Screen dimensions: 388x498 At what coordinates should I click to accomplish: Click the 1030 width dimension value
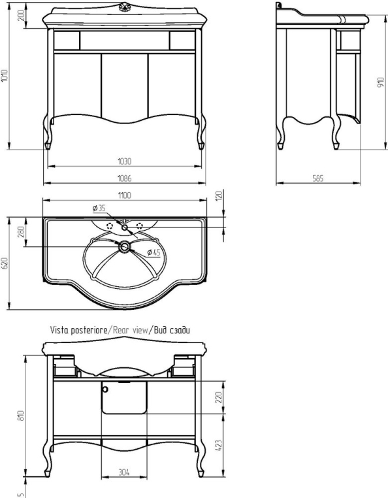click(125, 161)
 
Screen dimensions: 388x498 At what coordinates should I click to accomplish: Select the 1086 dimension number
click(125, 178)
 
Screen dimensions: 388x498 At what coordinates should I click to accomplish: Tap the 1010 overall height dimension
click(4, 76)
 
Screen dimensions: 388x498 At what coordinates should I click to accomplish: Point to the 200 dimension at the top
click(22, 15)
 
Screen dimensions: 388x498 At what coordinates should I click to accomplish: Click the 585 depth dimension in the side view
click(318, 178)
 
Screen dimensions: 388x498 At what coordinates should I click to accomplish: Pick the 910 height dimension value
click(381, 82)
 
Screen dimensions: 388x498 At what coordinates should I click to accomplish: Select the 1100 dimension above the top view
click(125, 195)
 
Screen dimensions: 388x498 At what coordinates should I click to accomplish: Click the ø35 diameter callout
click(99, 208)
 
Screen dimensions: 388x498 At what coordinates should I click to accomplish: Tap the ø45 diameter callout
click(154, 252)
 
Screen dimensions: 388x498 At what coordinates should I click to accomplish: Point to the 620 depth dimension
click(5, 263)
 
